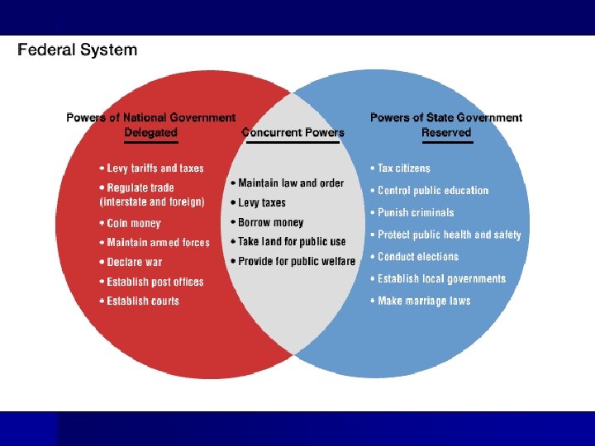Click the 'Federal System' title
78,50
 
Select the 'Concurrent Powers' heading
293,132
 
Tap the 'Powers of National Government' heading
150,118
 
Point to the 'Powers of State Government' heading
446,118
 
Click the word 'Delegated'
150,132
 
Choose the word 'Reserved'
446,132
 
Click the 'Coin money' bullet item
134,223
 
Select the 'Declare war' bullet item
135,262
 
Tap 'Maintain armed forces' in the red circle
158,243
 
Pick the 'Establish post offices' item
155,282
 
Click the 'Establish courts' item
143,301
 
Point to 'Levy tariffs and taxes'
155,168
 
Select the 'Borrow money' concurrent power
270,222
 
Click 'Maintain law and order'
290,183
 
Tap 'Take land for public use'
292,242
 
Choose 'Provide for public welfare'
296,261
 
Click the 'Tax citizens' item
403,168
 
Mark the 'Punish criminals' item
416,212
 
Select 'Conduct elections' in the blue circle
418,257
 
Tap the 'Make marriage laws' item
424,301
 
